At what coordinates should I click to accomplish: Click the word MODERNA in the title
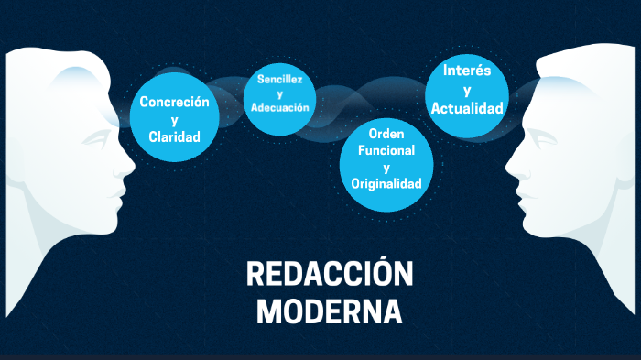pos(330,311)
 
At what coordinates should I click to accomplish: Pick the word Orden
pos(386,134)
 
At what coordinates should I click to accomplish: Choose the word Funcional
pos(386,150)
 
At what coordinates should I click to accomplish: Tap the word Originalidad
pos(386,184)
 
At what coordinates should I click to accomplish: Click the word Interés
pos(467,71)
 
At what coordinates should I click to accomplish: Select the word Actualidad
pos(467,108)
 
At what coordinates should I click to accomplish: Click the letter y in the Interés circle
pos(467,90)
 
